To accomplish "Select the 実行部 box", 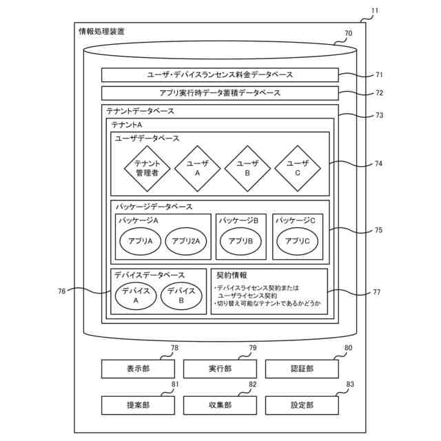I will [220, 369].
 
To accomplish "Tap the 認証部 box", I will [302, 369].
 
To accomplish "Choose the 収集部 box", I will [220, 405].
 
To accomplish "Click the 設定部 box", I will [302, 405].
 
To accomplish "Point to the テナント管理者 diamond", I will [147, 168].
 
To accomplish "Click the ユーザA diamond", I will [197, 168].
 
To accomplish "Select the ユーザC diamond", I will [298, 168].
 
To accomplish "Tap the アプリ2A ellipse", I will [185, 241].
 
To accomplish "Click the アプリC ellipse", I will [298, 241].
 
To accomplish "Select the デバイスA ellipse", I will [136, 296].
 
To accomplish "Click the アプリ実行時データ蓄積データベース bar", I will [220, 93].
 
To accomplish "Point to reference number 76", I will [62, 291].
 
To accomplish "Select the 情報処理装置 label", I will [102, 31].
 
